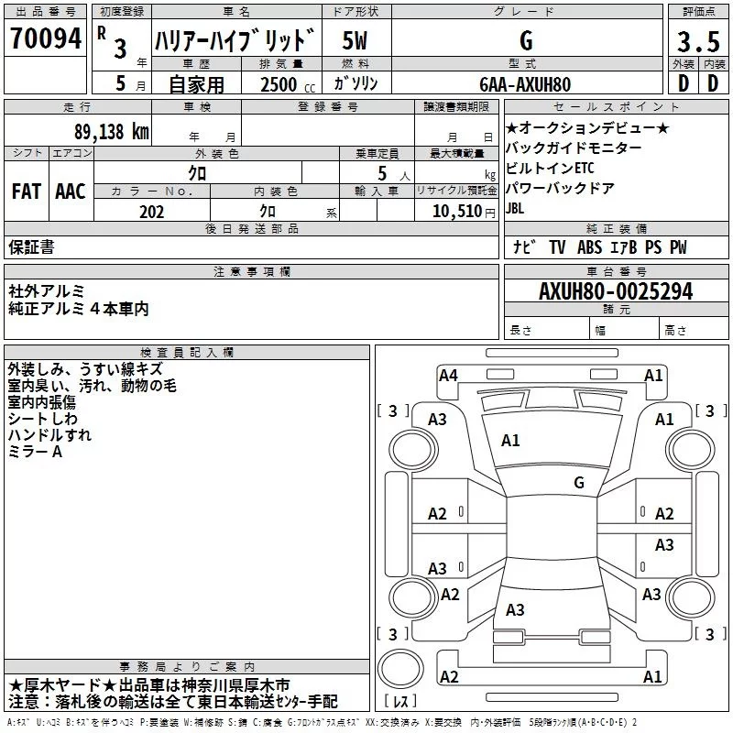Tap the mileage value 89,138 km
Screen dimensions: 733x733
(111, 131)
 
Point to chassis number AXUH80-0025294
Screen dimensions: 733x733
(616, 291)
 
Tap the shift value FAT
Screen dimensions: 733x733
(26, 191)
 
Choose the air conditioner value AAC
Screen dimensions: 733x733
(71, 191)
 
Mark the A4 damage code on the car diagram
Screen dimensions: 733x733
(448, 375)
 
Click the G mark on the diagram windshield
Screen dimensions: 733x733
(578, 482)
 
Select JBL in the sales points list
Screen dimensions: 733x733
(518, 208)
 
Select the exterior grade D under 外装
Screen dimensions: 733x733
(683, 83)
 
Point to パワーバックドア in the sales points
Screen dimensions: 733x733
(560, 188)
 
